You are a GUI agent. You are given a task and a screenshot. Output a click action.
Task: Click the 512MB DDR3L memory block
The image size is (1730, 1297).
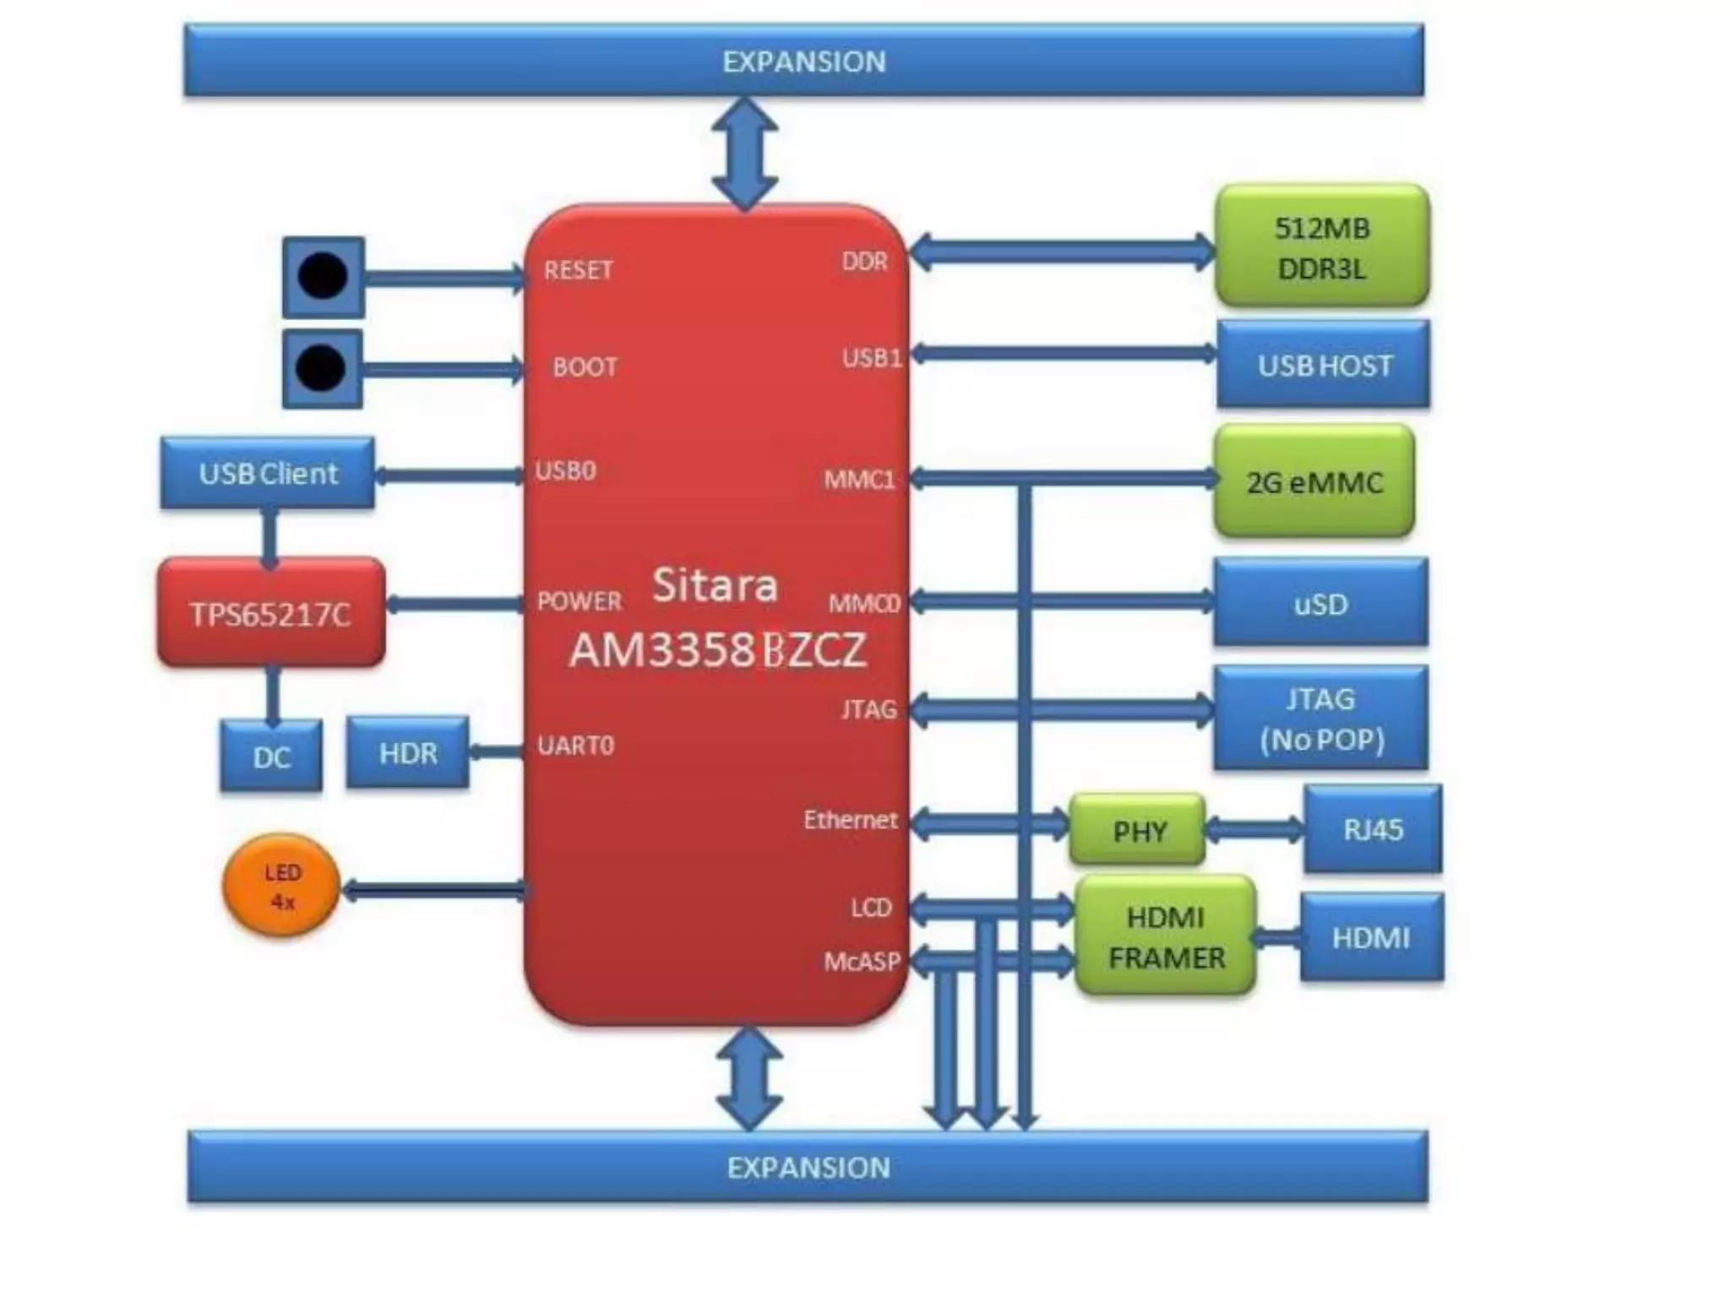coord(1322,247)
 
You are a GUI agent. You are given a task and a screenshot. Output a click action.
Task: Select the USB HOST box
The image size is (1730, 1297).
coord(1324,365)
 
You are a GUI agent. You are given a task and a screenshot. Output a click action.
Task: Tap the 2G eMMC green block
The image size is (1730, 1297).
coord(1314,481)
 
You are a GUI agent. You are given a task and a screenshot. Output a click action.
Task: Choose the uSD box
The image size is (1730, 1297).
coord(1321,603)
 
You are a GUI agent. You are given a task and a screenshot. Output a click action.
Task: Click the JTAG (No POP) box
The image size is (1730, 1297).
coord(1321,719)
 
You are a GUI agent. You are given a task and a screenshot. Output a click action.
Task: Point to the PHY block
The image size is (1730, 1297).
coord(1139,831)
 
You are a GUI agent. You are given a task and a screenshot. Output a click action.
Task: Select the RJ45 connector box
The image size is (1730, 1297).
coord(1373,829)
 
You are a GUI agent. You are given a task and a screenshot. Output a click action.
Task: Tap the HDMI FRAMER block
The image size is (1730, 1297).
coord(1166,936)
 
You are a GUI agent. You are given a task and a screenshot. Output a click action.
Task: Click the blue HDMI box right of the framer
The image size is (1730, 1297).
coord(1371,937)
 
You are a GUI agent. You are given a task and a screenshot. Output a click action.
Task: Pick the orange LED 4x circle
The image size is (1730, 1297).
coord(282,887)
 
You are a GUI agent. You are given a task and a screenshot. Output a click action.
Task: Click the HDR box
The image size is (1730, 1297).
coord(408,753)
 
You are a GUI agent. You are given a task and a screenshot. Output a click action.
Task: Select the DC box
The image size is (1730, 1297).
coord(271,757)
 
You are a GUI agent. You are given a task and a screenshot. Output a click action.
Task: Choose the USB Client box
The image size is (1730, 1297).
coord(268,473)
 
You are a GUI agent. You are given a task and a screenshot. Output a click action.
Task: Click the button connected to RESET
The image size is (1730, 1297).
coord(324,276)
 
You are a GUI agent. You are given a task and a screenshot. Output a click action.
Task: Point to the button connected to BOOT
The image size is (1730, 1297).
coord(322,369)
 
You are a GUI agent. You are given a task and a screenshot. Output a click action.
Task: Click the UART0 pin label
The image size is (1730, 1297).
coord(576,746)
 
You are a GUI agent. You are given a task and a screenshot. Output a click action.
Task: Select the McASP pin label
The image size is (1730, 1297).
coord(862,961)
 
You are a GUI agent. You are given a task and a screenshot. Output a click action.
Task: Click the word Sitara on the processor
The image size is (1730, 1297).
coord(715,584)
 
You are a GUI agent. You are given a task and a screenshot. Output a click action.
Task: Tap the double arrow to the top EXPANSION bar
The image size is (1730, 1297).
coord(744,153)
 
